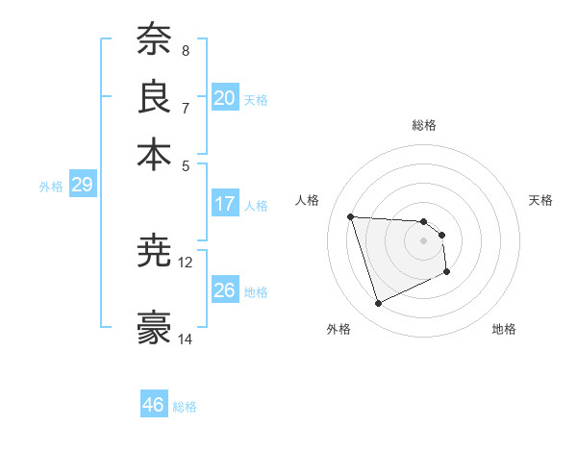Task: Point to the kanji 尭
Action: tap(154, 250)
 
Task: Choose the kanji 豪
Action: tap(154, 327)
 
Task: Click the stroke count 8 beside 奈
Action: tap(185, 50)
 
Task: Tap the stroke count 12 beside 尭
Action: tap(186, 262)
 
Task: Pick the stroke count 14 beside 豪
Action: tap(186, 339)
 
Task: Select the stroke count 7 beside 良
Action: tap(185, 107)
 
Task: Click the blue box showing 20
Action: tap(225, 98)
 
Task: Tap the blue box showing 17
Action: tap(225, 204)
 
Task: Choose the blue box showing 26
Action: tap(225, 290)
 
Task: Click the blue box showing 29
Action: tap(82, 186)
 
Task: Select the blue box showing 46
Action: tap(153, 405)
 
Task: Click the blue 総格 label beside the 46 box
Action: tap(185, 407)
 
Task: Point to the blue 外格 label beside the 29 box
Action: tap(51, 187)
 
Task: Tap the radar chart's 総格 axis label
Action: tap(424, 125)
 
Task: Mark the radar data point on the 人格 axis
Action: tap(351, 216)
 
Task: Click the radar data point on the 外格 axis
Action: tap(379, 304)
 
